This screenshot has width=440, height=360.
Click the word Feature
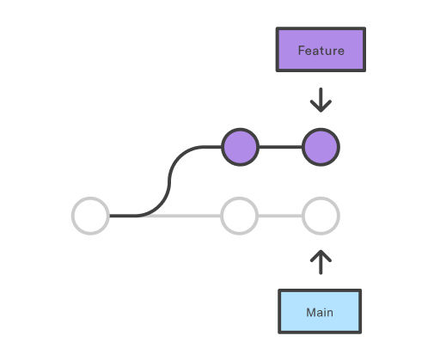321,50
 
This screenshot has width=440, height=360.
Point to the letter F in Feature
301,50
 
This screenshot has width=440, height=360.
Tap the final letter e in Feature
340,51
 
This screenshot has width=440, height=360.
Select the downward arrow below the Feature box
321,98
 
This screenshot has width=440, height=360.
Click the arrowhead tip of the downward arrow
321,111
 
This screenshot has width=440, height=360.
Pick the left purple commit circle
240,147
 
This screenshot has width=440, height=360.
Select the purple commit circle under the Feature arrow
321,147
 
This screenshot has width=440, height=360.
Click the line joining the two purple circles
280,147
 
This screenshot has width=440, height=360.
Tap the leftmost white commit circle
90,216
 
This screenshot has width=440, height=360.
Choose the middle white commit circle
240,216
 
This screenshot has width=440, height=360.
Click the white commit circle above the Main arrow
321,216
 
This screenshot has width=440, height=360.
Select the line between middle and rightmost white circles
280,216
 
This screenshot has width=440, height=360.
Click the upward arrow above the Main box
321,263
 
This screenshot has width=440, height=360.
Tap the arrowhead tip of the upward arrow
321,252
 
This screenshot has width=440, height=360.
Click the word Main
320,312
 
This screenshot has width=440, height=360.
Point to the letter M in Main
310,312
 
